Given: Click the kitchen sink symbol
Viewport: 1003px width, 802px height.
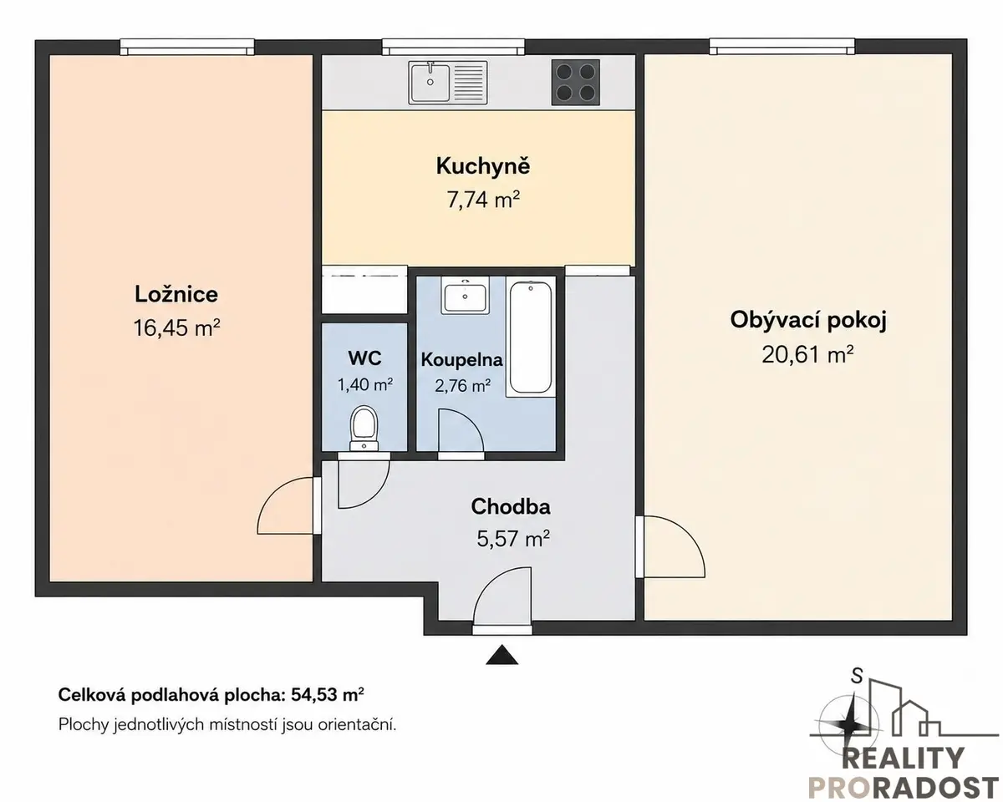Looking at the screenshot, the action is (448, 83).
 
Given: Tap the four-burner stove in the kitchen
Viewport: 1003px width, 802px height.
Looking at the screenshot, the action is (576, 83).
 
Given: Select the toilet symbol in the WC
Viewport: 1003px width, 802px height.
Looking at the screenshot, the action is (364, 429).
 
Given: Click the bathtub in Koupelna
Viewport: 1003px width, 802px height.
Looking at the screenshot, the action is (531, 338).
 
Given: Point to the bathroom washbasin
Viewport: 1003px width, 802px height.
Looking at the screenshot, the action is (466, 296).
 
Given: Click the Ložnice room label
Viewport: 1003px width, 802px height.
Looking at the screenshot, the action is (176, 295).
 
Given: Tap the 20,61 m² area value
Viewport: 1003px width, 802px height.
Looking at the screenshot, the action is (807, 354).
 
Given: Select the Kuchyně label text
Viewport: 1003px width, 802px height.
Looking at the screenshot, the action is (483, 166).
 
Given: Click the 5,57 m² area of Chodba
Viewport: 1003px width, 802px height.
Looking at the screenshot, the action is (513, 539).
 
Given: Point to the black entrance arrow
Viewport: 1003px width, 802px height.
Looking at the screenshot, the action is (502, 654).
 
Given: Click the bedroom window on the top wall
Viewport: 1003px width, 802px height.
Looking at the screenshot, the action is (187, 47).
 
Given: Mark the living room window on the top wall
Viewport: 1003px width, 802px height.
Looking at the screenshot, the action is (782, 47).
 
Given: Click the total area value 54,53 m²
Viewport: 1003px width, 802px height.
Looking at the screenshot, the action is (328, 695).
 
